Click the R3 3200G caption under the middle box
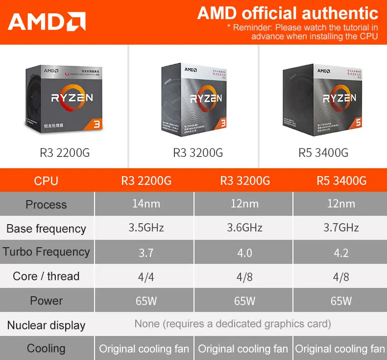coord(198,153)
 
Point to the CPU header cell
coord(46,181)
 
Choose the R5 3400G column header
coord(341,181)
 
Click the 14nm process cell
coord(146,204)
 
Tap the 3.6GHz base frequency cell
coord(244,228)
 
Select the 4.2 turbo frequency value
coord(341,253)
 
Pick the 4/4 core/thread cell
coord(146,277)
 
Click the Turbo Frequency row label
coord(46,252)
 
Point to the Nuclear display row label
coord(46,325)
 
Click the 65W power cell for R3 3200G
coord(244,301)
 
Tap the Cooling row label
coord(46,349)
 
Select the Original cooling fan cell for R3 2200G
coord(144,349)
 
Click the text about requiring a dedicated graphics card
coord(233,324)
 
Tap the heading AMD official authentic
coord(288,13)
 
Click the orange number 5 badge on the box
coord(358,123)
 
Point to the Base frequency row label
coord(46,229)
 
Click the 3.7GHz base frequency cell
coord(341,228)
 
